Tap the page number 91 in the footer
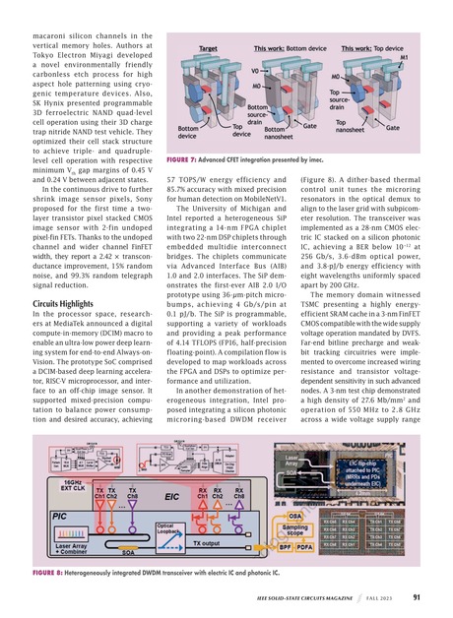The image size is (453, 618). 418,595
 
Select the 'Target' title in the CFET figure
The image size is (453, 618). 209,48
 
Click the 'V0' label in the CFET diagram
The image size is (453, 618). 202,71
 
